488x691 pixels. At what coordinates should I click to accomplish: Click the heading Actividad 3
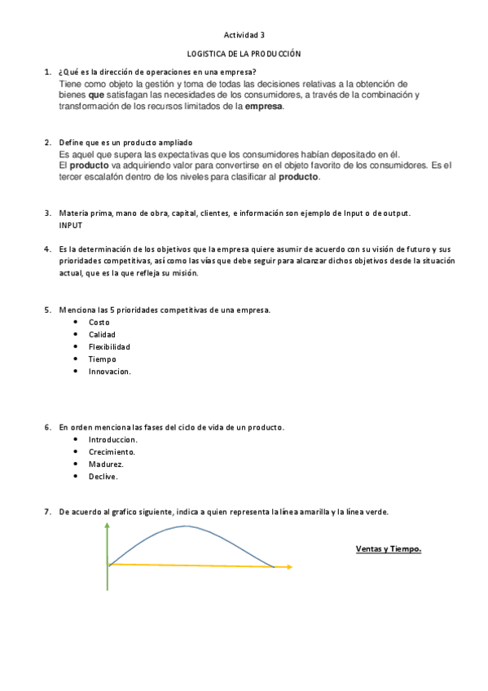click(x=244, y=35)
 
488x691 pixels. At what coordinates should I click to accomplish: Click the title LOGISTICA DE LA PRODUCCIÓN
click(x=244, y=54)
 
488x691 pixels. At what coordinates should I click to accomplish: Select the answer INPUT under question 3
click(x=71, y=225)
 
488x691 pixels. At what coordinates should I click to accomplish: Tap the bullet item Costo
click(x=99, y=323)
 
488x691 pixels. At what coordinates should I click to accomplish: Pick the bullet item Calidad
click(x=102, y=335)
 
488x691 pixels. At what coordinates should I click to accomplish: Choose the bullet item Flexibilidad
click(x=109, y=347)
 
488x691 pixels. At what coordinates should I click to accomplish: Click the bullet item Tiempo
click(x=102, y=359)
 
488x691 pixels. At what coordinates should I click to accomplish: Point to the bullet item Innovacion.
click(x=109, y=372)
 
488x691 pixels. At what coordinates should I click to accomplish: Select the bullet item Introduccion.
click(x=112, y=440)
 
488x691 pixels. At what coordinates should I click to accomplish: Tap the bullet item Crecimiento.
click(x=112, y=452)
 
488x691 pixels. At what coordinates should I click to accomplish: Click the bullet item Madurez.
click(x=106, y=464)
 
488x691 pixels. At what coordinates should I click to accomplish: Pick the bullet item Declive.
click(x=103, y=477)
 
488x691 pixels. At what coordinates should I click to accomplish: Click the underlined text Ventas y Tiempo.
click(x=389, y=548)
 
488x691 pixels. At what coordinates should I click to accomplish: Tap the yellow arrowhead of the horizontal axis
click(x=288, y=566)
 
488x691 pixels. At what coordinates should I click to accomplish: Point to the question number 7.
click(x=47, y=513)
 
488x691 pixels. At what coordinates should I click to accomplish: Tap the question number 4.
click(x=47, y=249)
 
